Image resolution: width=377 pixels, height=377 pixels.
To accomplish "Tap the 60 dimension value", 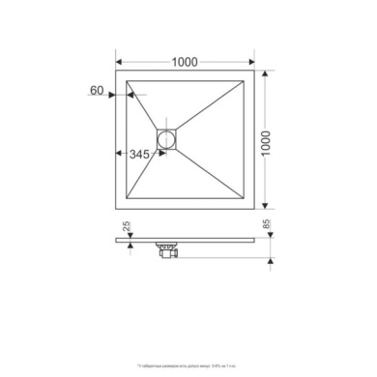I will pyautogui.click(x=97, y=90).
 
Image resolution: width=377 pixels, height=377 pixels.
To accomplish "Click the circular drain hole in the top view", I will pyautogui.click(x=168, y=138).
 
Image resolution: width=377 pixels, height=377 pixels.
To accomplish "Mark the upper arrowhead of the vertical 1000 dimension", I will pyautogui.click(x=266, y=73).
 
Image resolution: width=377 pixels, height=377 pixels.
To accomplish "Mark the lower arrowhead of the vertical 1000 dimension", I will pyautogui.click(x=266, y=207).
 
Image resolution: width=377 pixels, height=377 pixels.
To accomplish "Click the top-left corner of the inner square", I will pyautogui.click(x=126, y=78).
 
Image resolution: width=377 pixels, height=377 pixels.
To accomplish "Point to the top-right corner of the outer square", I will pyautogui.click(x=257, y=71).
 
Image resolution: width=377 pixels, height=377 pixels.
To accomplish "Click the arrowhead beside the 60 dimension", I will pyautogui.click(x=114, y=95).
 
